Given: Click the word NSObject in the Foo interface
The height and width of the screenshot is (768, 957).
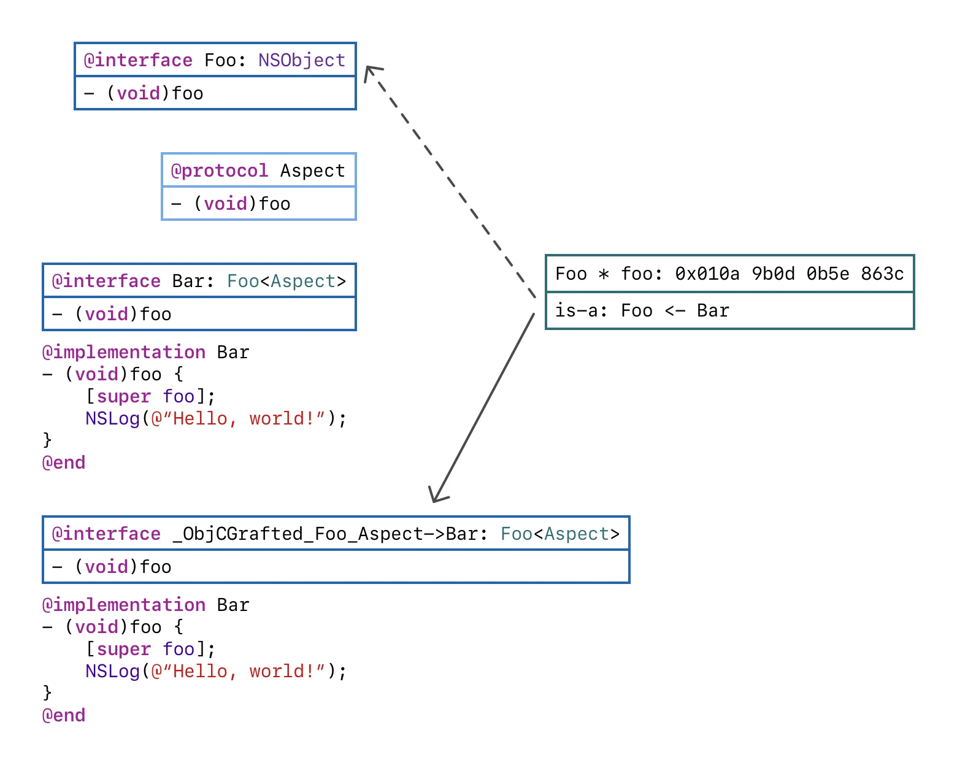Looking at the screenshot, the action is pos(301,61).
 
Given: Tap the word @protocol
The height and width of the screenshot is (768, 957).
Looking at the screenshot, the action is pos(220,171).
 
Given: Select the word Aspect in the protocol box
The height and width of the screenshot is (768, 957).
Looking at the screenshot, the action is pos(313,171).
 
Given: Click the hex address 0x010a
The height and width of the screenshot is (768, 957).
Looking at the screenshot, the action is pos(707,274).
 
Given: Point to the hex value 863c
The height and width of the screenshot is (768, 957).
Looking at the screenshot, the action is pos(882,274).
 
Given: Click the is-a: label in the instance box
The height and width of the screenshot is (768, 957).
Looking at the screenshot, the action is pos(581,310).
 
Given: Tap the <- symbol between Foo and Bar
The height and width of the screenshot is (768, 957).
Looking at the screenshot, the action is pos(675,311).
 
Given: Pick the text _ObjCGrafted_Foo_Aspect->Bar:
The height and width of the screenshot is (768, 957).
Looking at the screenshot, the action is pos(330,534).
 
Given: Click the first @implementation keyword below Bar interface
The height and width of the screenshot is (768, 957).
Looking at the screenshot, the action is pos(124,352).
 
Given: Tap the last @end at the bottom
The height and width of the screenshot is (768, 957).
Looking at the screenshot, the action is pos(64,715).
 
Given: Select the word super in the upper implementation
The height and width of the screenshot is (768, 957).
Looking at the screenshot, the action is pos(124,397).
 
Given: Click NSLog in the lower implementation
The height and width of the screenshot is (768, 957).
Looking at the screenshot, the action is pos(112,672).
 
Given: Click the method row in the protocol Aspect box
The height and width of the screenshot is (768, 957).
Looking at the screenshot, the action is pos(259,204).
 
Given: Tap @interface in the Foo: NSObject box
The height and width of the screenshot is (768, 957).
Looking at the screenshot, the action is pos(138,61).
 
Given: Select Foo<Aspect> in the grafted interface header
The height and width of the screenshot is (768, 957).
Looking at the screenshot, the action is pos(560,534).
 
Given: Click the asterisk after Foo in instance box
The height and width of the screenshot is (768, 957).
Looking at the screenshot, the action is pos(604,274).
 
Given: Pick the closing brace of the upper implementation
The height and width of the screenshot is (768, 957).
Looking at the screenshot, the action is pos(47,440).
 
